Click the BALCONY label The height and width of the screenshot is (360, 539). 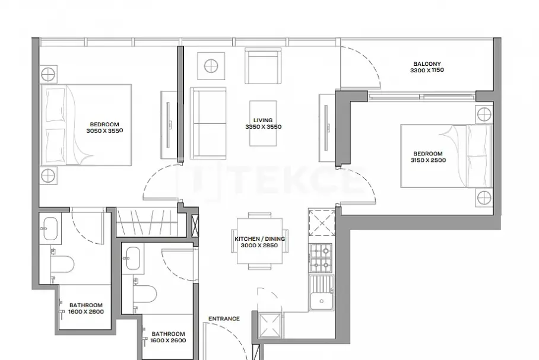[x=427, y=64]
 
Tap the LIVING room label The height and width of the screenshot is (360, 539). [x=263, y=120]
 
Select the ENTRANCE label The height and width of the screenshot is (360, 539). [x=224, y=318]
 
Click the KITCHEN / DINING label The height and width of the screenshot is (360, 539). [x=260, y=239]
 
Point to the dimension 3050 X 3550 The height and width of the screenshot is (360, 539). [x=104, y=131]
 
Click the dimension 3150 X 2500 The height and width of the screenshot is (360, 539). [x=428, y=160]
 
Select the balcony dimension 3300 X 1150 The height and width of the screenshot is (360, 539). [x=427, y=70]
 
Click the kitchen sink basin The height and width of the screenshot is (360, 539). [x=321, y=292]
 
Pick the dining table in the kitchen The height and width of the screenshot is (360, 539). [x=260, y=240]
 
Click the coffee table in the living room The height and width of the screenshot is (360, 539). [x=263, y=123]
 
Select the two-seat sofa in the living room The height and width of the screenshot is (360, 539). [x=208, y=123]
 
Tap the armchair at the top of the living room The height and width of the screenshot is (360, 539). [x=263, y=66]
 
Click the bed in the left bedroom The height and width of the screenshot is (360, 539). [x=86, y=125]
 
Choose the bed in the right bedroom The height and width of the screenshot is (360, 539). [x=446, y=156]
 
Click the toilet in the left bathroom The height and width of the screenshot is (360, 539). [x=62, y=264]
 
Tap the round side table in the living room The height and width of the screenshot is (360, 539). [x=211, y=66]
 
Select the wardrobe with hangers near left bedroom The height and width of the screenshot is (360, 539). [x=147, y=222]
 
